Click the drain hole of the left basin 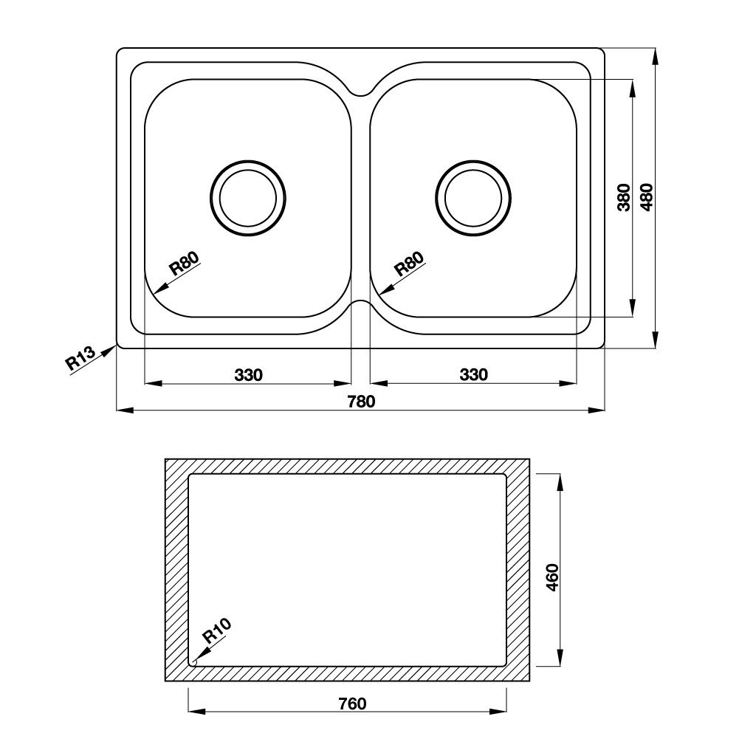click(247, 198)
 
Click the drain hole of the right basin click(473, 198)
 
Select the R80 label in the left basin click(185, 264)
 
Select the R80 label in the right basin click(409, 264)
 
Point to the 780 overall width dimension click(362, 402)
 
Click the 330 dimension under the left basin click(249, 375)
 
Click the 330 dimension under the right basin click(473, 375)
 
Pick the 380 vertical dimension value click(624, 198)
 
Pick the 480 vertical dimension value click(647, 198)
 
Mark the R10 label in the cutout click(217, 633)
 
